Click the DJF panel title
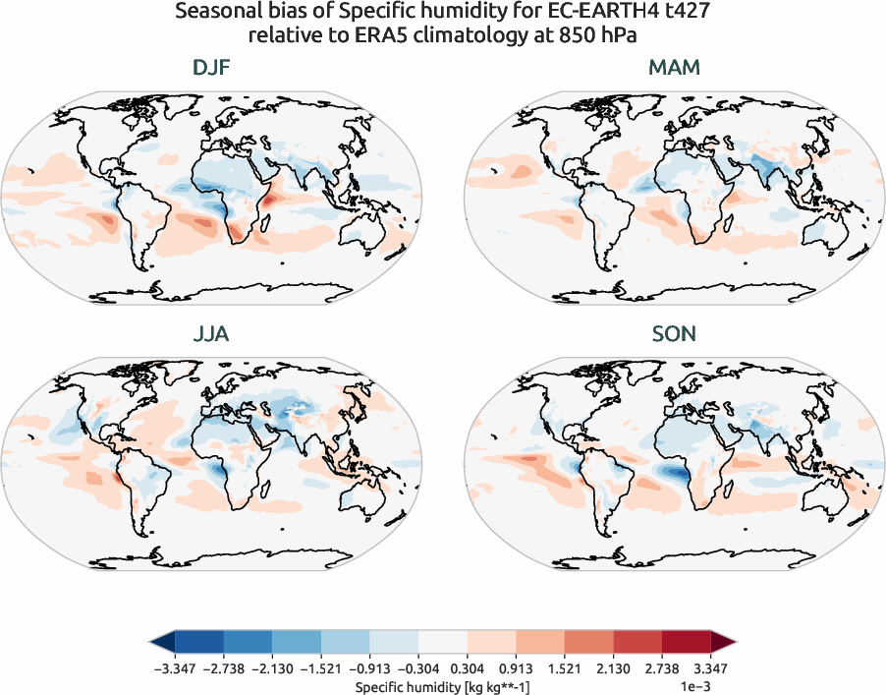point(212,68)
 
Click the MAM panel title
point(674,68)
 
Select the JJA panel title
point(212,334)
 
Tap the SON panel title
point(674,334)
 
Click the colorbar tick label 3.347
point(710,668)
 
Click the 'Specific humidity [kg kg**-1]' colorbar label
point(442,685)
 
